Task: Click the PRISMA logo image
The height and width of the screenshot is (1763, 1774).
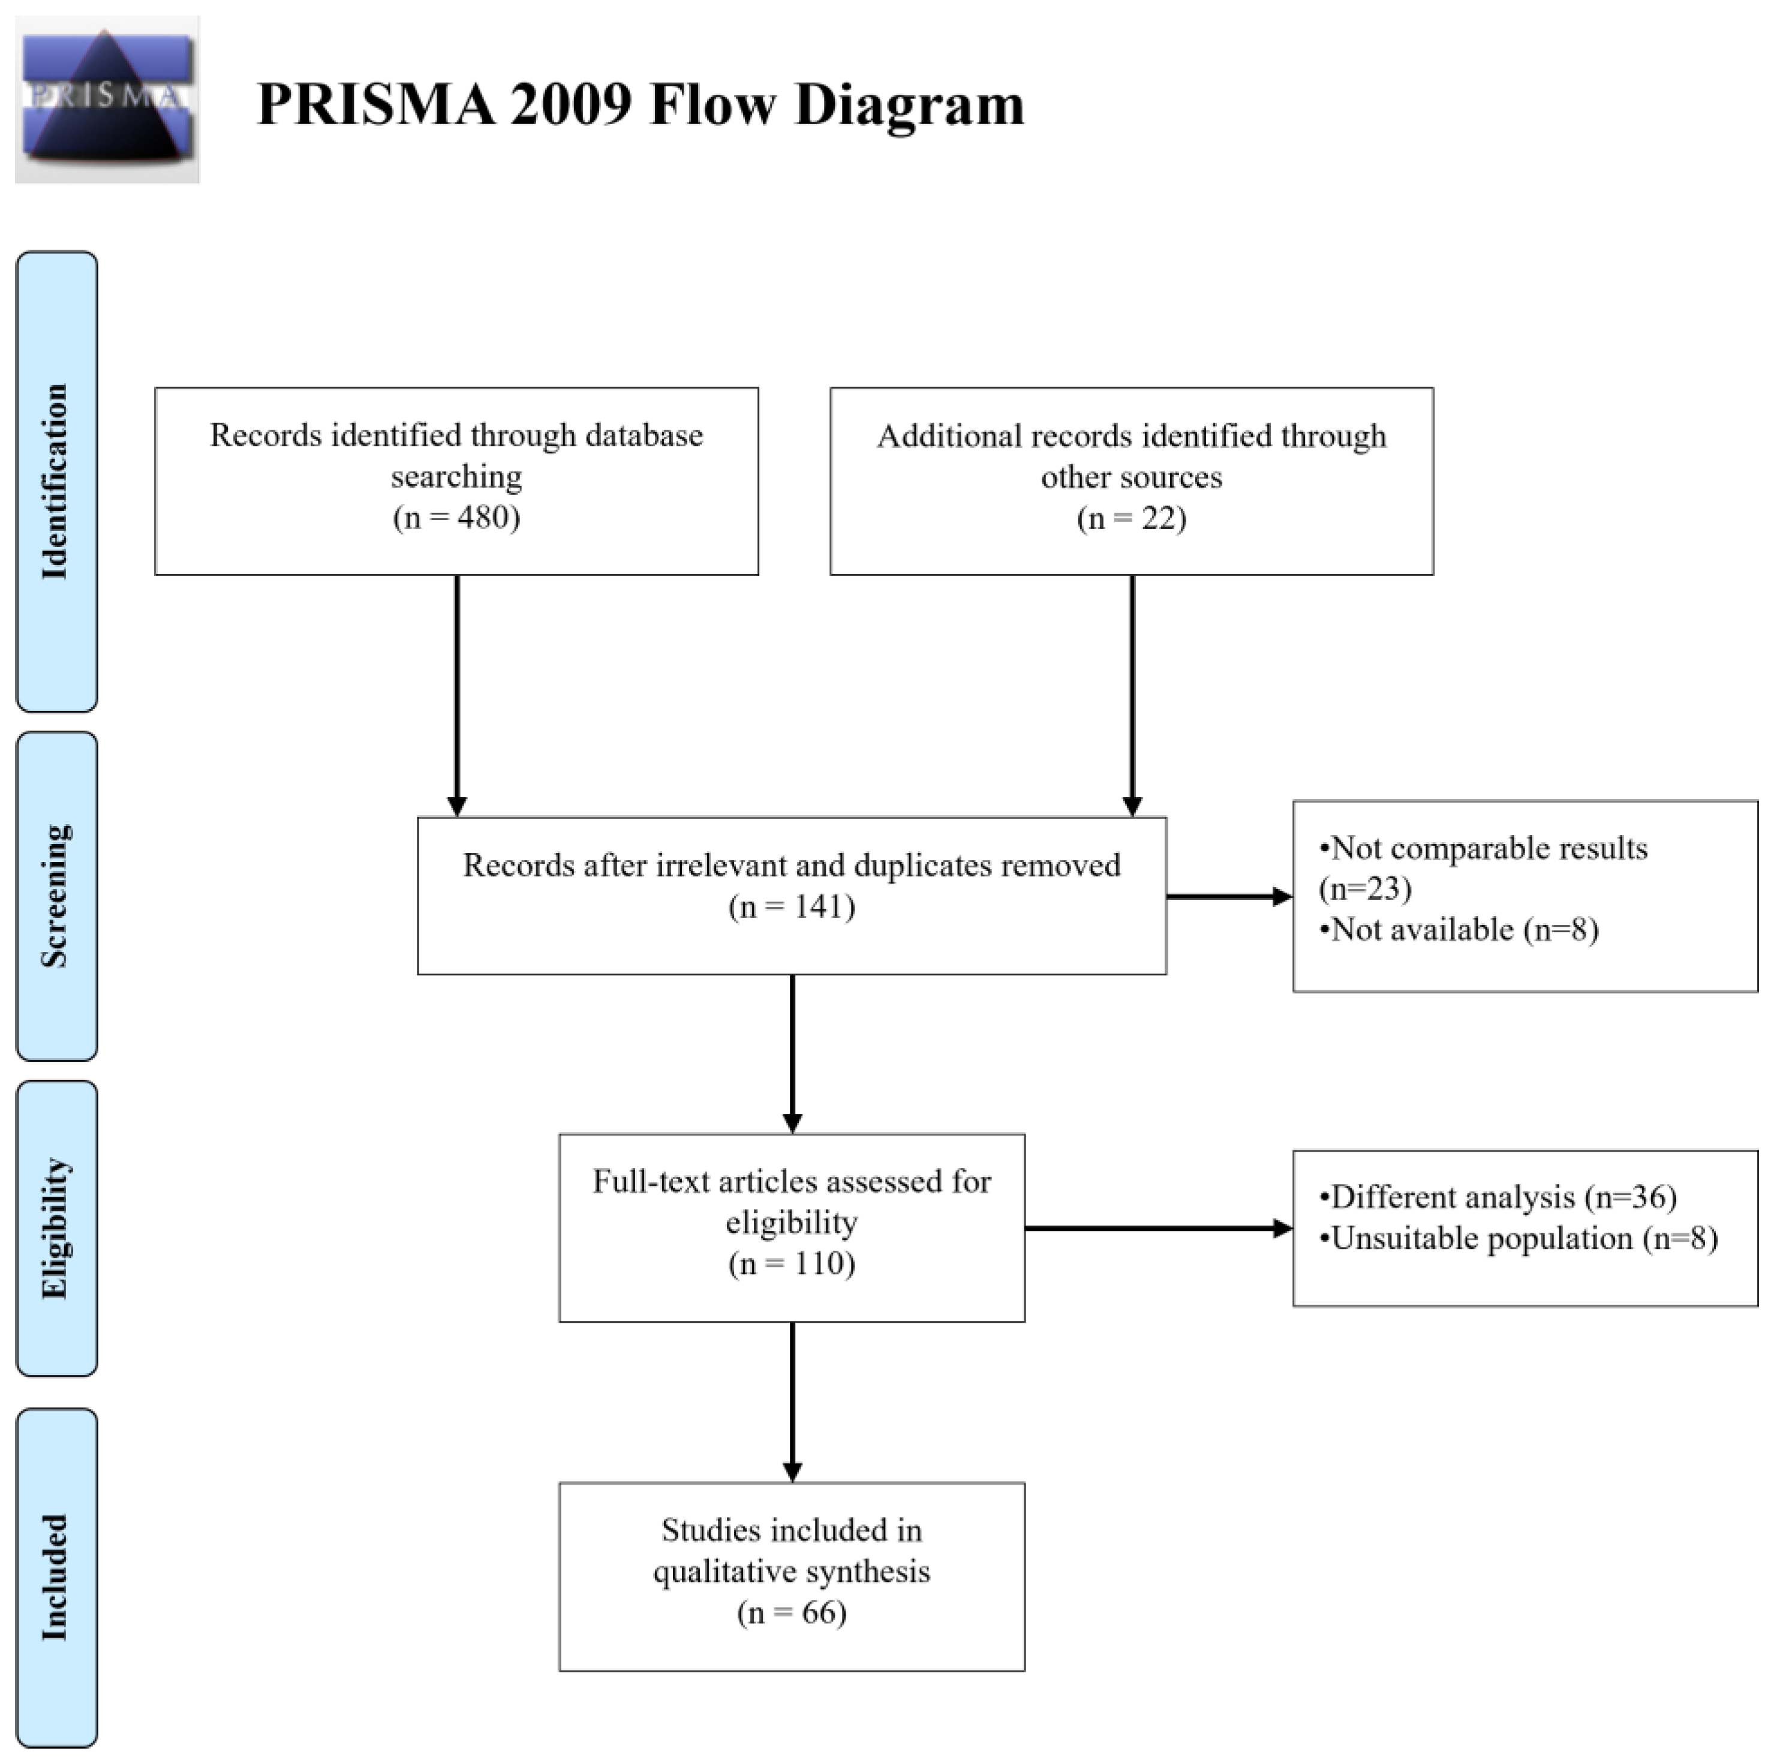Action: [107, 99]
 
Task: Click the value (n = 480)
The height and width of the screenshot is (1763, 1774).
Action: [456, 517]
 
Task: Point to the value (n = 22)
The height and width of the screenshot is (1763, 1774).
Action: [1130, 518]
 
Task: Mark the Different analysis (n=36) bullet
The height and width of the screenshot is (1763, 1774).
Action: [1497, 1197]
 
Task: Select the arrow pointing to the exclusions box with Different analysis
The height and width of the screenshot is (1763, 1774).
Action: [1157, 1228]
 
